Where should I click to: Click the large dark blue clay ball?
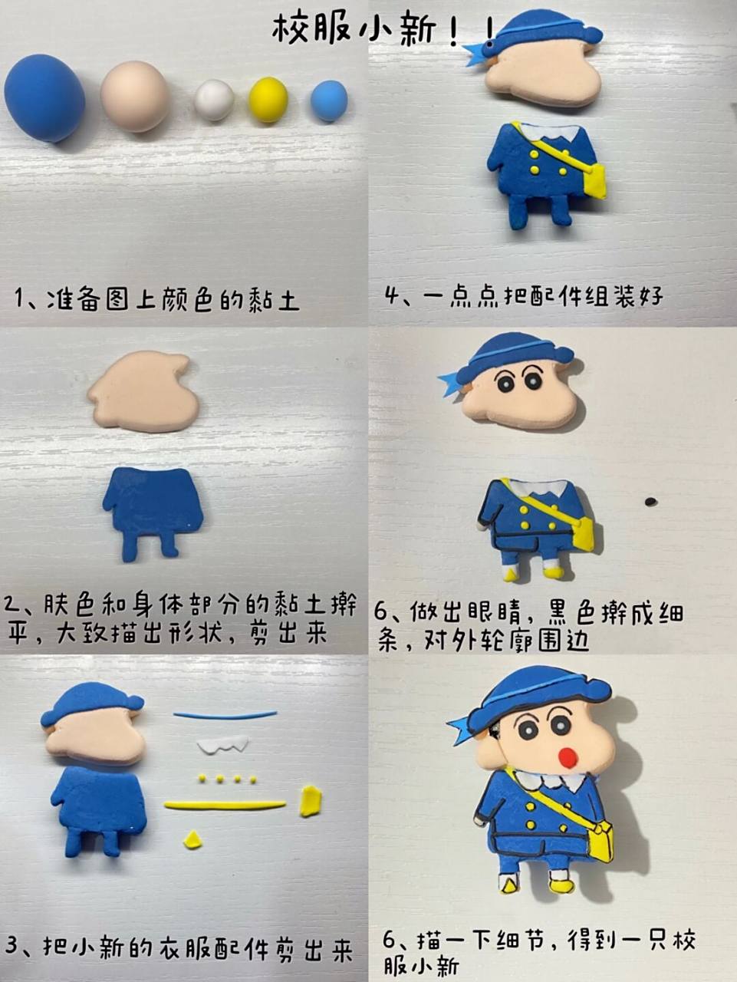[44, 97]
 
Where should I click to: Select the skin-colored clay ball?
[135, 97]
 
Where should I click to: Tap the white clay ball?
[214, 101]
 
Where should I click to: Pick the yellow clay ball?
[268, 100]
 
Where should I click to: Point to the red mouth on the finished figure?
[568, 758]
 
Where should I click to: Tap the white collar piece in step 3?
[223, 743]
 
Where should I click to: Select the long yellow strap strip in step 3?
[225, 805]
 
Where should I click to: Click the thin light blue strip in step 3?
[225, 715]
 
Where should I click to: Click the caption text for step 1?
[156, 298]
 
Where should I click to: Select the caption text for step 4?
[525, 295]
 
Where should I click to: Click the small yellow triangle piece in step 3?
[192, 838]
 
